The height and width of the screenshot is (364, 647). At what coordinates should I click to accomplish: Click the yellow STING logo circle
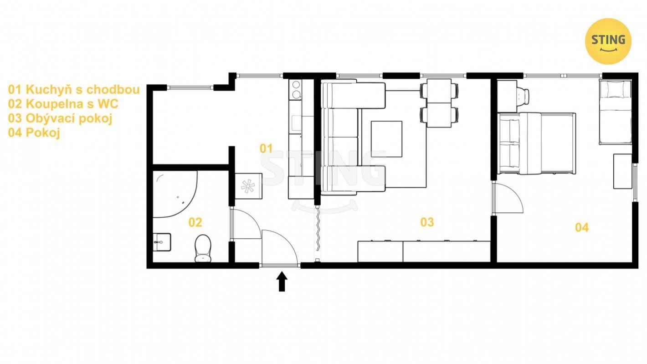608,41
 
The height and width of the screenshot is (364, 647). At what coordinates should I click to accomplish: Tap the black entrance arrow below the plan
282,282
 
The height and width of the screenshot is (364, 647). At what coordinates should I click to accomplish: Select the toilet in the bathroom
203,248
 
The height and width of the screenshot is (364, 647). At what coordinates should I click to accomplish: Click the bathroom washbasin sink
161,242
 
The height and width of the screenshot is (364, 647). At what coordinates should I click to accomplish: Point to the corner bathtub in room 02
175,194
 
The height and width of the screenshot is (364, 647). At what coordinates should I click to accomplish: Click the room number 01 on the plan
266,149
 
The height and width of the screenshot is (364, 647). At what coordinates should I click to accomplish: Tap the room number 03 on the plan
427,222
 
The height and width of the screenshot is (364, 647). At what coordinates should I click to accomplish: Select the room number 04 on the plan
582,228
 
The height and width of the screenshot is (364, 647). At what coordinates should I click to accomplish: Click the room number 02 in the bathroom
195,222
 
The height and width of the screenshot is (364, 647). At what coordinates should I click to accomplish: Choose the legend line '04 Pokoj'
34,133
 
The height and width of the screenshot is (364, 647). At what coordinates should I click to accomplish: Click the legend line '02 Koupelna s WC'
63,104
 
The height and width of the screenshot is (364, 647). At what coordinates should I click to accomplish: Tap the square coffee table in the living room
386,139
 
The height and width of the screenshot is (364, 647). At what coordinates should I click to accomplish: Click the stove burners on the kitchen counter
296,90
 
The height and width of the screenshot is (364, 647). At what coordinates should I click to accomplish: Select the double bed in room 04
536,144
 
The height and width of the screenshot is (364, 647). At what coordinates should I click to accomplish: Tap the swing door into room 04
508,198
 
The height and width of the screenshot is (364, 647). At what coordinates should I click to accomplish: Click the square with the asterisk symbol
248,186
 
